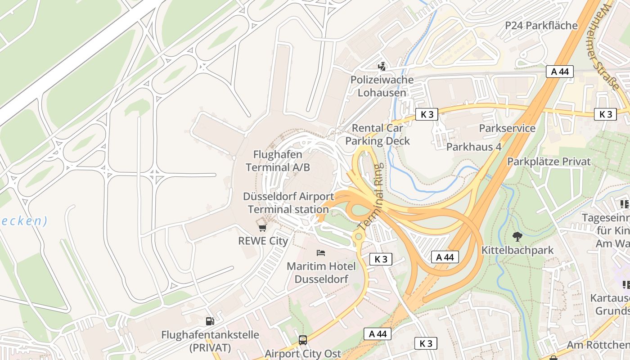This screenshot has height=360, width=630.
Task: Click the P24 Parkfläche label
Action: coord(541,25)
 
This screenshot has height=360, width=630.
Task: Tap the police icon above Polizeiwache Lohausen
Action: coord(382,67)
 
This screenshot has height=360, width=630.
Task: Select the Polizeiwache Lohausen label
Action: coord(382,86)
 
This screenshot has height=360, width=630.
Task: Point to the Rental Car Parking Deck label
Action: coord(377,135)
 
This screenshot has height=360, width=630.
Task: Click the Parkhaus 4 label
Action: coord(473,147)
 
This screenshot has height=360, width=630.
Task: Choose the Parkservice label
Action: coord(507,128)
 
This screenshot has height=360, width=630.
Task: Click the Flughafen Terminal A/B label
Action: coord(278,161)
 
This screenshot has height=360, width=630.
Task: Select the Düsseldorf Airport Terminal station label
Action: coord(288,203)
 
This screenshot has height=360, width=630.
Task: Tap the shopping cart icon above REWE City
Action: coord(262,227)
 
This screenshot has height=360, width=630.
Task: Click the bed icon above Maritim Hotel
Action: coord(321,253)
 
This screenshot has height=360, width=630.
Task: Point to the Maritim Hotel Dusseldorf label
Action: coord(321,273)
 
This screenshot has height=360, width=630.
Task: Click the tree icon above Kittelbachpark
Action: coord(517,236)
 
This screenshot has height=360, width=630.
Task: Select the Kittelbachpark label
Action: coord(517,250)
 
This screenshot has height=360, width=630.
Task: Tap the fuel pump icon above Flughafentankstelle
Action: coord(210,321)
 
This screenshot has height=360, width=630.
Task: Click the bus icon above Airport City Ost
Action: coord(303,340)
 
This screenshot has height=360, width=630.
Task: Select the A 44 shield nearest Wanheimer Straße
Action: coord(560,71)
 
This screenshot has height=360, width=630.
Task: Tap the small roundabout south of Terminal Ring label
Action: coord(358,236)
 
